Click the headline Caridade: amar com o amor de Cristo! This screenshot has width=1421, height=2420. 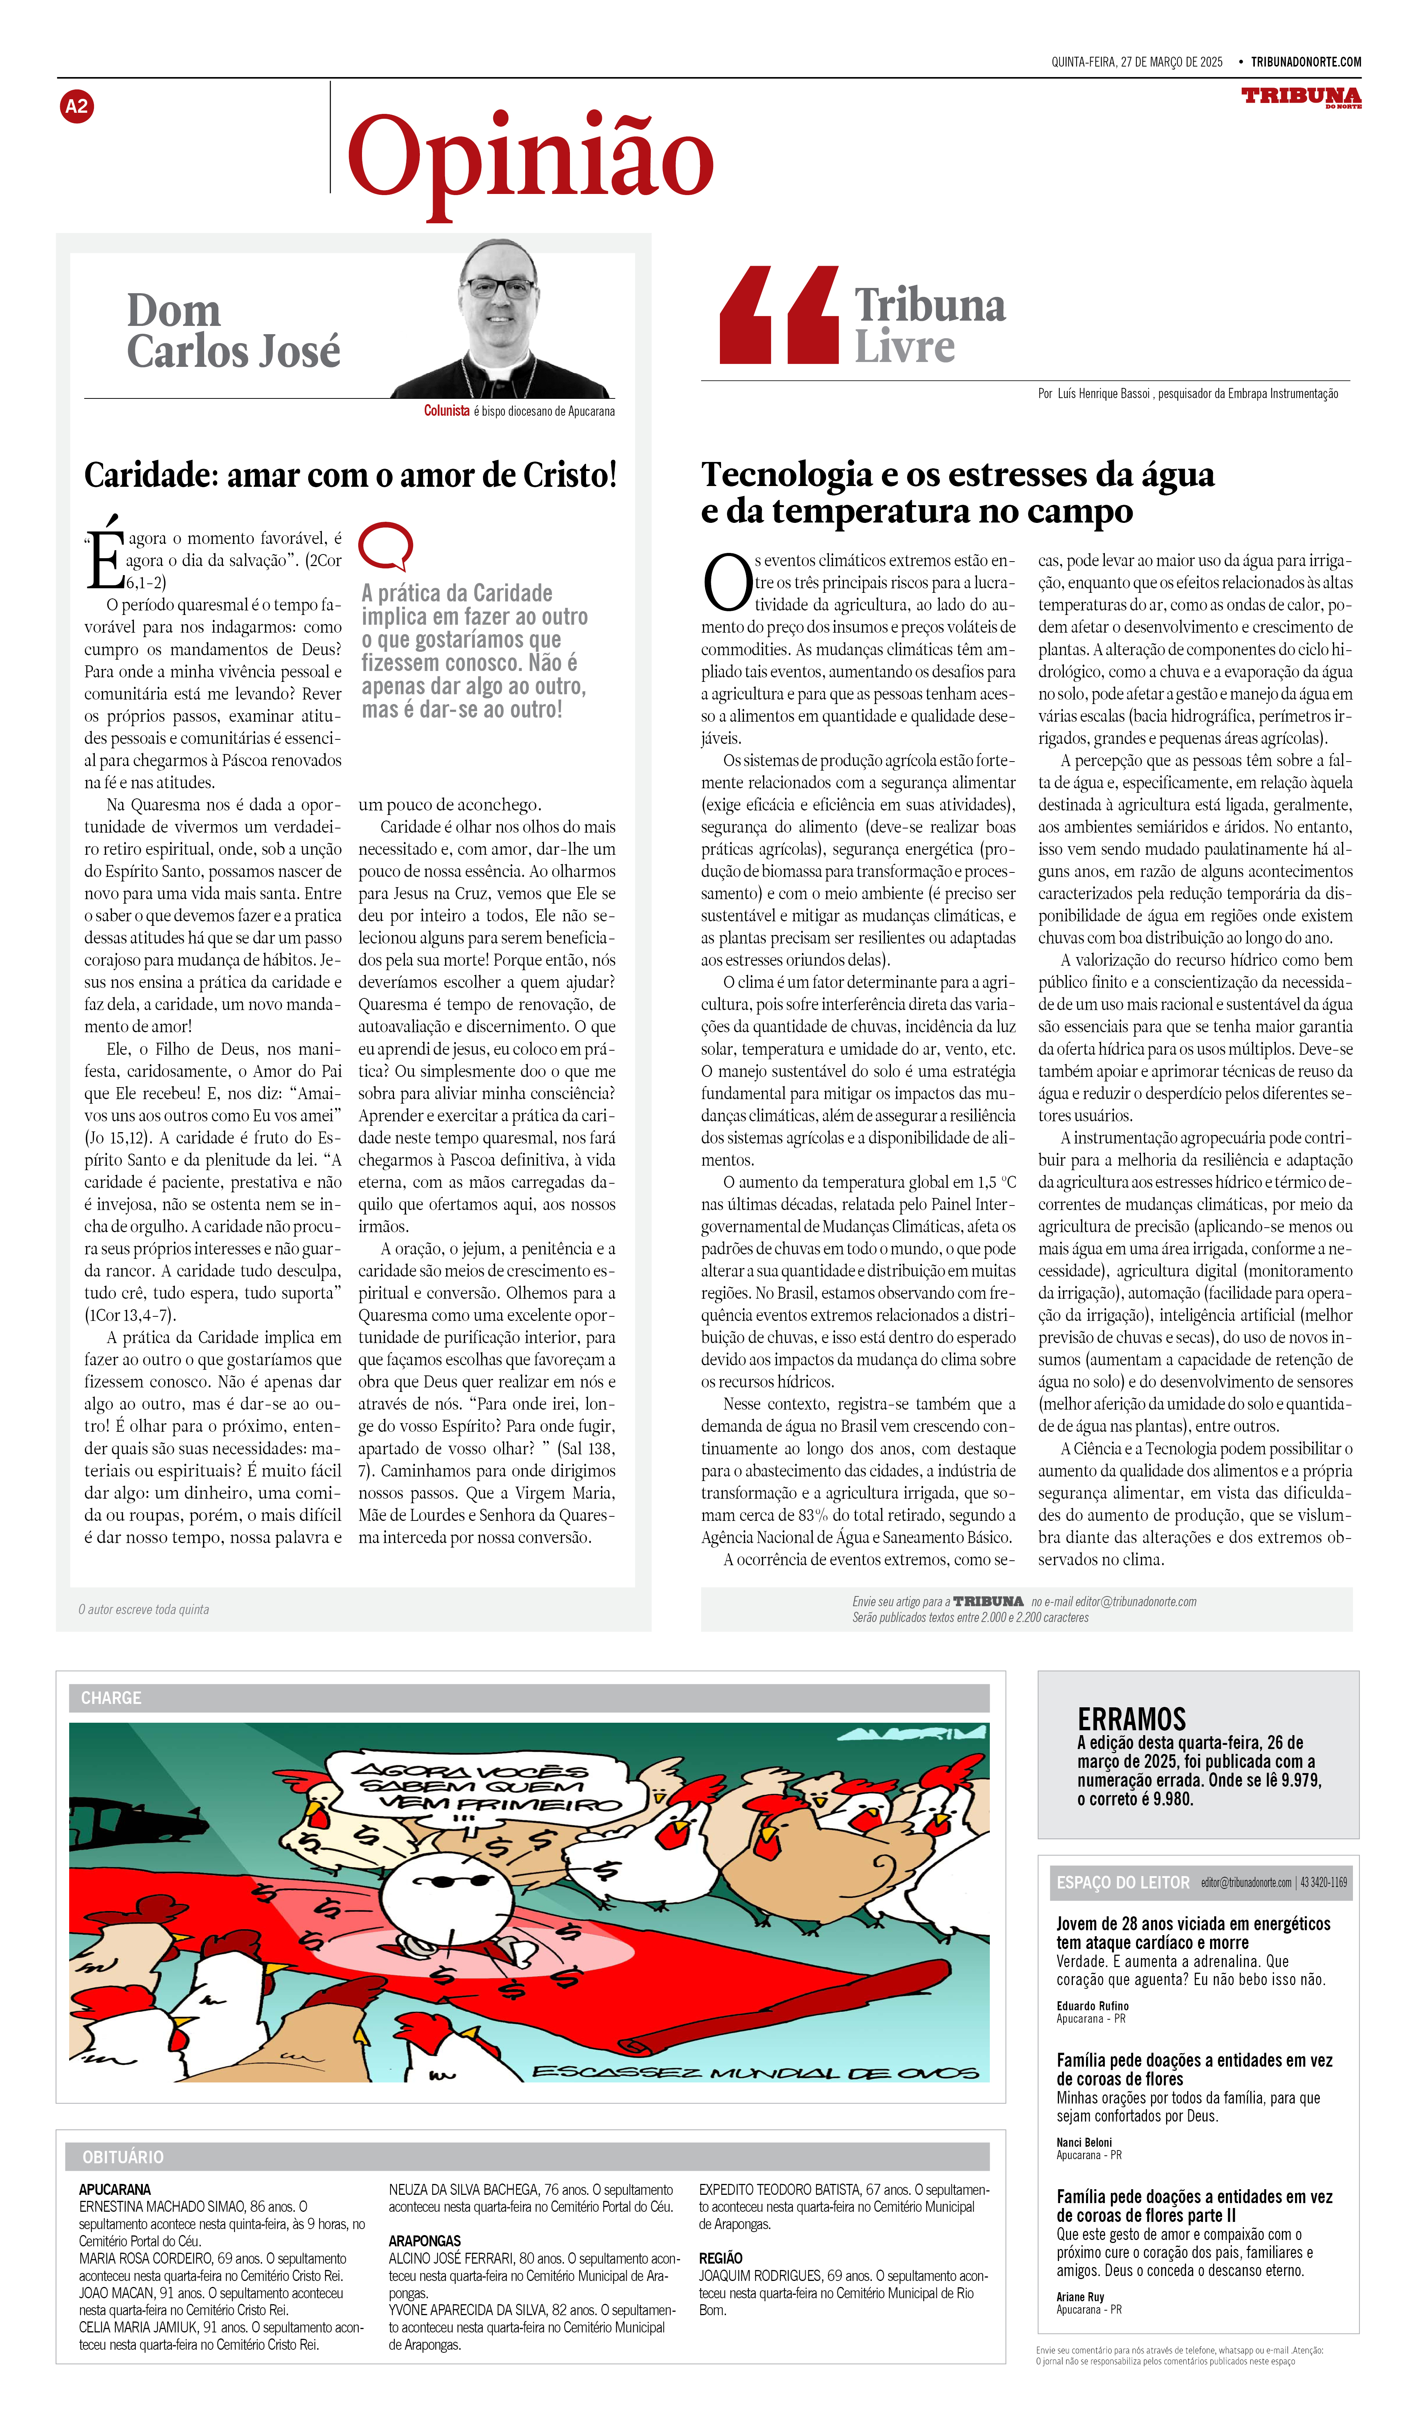350,476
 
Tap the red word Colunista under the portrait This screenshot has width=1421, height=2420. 447,411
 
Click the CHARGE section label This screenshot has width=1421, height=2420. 111,1698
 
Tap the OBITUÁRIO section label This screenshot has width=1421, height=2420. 123,2157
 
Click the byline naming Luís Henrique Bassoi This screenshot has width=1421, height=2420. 1188,394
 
